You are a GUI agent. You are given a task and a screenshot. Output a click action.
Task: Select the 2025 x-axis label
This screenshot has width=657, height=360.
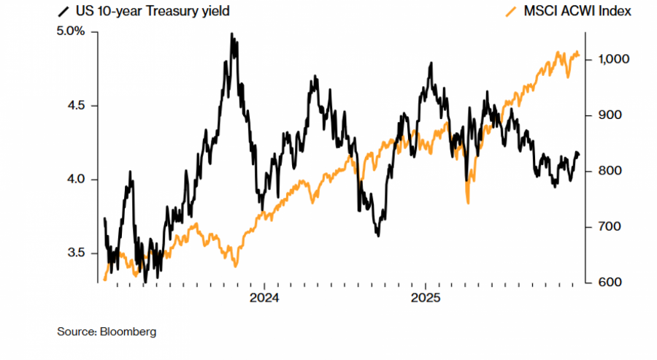(x=426, y=298)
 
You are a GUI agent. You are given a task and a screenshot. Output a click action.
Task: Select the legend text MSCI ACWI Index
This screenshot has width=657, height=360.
(x=577, y=11)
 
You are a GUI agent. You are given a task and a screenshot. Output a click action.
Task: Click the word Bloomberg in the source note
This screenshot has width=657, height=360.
(x=131, y=332)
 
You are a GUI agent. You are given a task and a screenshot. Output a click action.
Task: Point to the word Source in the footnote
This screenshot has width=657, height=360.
(x=74, y=332)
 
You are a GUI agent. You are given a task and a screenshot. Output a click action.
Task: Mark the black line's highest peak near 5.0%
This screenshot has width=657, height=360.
(x=232, y=34)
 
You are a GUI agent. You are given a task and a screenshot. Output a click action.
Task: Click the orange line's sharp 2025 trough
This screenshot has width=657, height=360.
(x=468, y=202)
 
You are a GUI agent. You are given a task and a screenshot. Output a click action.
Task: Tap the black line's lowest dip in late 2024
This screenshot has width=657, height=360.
(x=377, y=235)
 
